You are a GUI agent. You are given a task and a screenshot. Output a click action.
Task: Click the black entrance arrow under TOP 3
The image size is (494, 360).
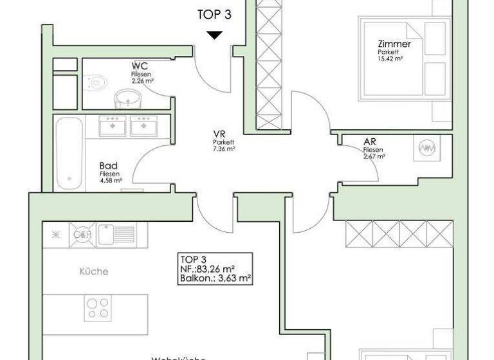(215, 35)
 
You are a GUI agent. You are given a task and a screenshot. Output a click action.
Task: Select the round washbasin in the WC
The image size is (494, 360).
(127, 98)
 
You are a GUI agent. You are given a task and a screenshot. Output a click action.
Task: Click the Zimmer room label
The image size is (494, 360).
(395, 44)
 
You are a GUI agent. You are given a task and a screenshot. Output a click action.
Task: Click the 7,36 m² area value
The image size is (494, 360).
(223, 148)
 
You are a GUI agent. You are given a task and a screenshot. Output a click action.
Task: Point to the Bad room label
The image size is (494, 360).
(108, 165)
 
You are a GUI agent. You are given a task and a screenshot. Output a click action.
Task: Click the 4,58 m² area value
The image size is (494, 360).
(110, 180)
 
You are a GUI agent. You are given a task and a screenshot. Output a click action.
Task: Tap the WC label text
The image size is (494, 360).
(141, 66)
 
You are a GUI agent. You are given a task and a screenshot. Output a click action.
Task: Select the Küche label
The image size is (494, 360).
(94, 271)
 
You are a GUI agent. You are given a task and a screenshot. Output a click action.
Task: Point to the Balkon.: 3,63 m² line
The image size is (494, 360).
(215, 279)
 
